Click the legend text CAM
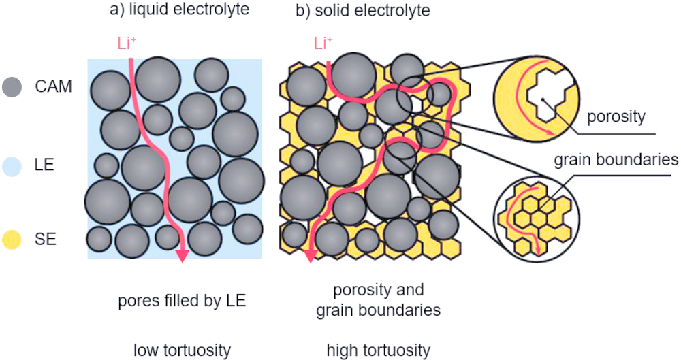point(53,87)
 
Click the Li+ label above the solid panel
point(323,45)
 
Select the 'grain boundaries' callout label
point(616,161)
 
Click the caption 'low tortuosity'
point(181,350)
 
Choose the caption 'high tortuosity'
point(378,350)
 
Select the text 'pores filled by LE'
point(181,301)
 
